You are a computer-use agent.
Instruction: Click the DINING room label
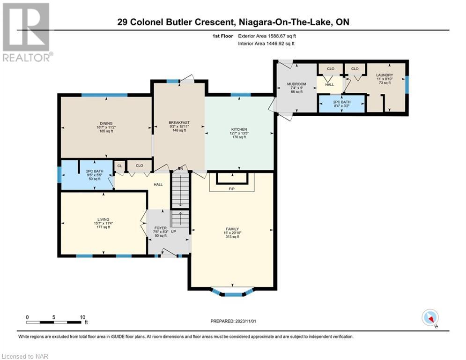pyautogui.click(x=106, y=123)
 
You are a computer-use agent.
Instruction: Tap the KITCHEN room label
pyautogui.click(x=239, y=129)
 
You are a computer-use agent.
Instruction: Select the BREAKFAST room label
pyautogui.click(x=179, y=123)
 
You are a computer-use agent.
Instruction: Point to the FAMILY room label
pyautogui.click(x=232, y=229)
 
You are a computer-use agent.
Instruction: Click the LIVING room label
pyautogui.click(x=104, y=219)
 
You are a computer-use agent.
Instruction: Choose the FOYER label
pyautogui.click(x=161, y=228)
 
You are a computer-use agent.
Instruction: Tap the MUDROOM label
pyautogui.click(x=296, y=84)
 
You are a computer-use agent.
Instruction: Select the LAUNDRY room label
pyautogui.click(x=385, y=75)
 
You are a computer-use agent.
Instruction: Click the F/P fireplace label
pyautogui.click(x=232, y=188)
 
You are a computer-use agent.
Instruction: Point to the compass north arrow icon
pyautogui.click(x=430, y=318)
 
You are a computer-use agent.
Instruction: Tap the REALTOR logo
pyautogui.click(x=26, y=32)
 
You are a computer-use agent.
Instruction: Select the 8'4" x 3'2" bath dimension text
pyautogui.click(x=342, y=105)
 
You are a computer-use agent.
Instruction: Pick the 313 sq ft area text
pyautogui.click(x=232, y=237)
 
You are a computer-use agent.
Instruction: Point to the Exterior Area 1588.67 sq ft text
pyautogui.click(x=267, y=36)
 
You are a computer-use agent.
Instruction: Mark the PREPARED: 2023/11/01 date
pyautogui.click(x=233, y=321)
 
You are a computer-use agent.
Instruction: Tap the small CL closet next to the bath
pyautogui.click(x=119, y=166)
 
